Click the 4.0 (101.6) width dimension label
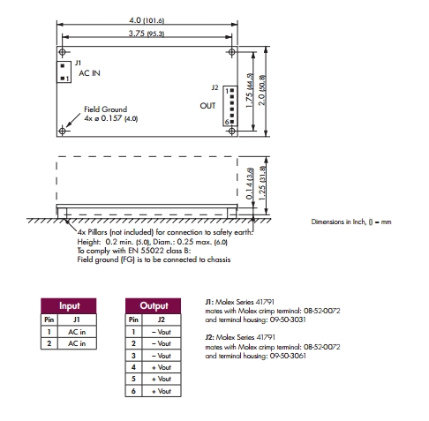(x=147, y=20)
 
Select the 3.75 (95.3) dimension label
(x=147, y=34)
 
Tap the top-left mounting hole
(x=62, y=52)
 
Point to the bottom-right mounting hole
(x=232, y=131)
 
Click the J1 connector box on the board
(x=64, y=71)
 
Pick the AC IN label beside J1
(x=89, y=73)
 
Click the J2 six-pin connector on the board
(x=230, y=106)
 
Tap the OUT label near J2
(x=207, y=106)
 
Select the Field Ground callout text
(x=106, y=109)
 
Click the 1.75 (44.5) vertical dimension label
(x=250, y=91)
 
